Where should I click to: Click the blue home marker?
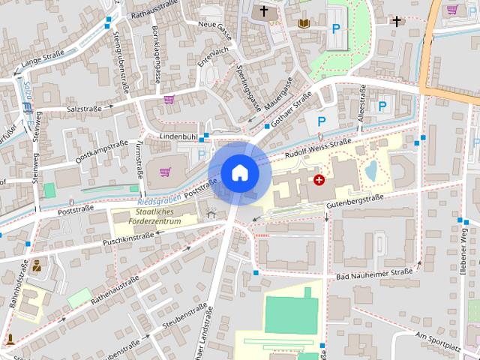pyautogui.click(x=239, y=172)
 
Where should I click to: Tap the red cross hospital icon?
pyautogui.click(x=319, y=180)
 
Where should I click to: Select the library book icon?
pyautogui.click(x=304, y=24)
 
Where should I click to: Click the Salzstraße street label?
pyautogui.click(x=83, y=109)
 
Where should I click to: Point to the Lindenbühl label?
pyautogui.click(x=178, y=136)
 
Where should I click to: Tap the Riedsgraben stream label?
pyautogui.click(x=160, y=199)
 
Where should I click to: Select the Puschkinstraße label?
pyautogui.click(x=129, y=239)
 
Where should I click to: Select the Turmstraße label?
pyautogui.click(x=140, y=158)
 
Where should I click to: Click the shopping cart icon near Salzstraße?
pyautogui.click(x=169, y=99)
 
